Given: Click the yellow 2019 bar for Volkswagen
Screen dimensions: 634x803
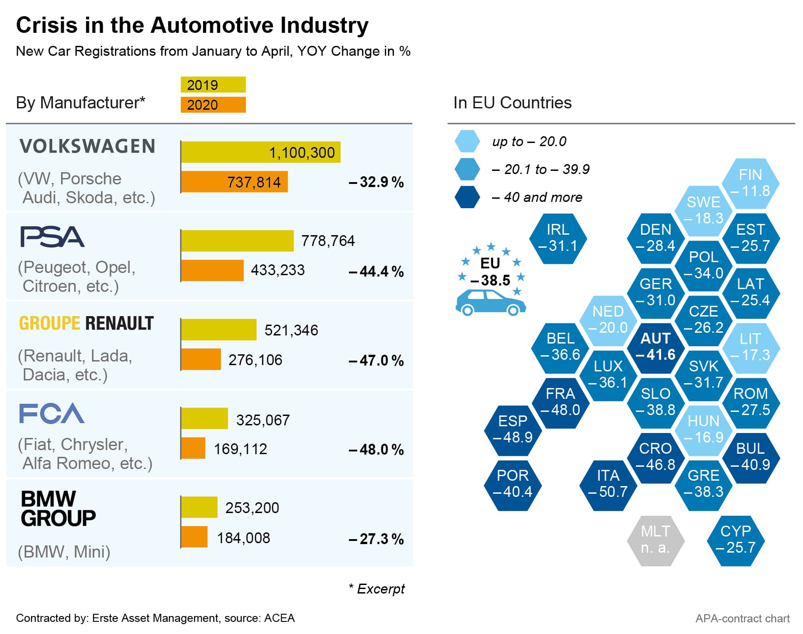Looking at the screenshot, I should click(x=260, y=152).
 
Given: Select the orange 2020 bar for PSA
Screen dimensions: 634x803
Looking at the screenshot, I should click(x=212, y=270).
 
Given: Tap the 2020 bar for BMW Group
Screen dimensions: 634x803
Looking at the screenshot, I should click(x=194, y=537).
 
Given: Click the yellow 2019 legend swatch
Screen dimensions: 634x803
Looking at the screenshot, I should click(x=213, y=85).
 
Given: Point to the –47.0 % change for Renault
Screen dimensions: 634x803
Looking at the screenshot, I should click(x=376, y=361).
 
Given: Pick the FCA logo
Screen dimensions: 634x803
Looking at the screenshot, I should click(x=52, y=413).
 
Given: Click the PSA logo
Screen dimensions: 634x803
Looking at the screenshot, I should click(x=52, y=237).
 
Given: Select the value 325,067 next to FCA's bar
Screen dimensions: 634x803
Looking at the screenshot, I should click(x=263, y=420).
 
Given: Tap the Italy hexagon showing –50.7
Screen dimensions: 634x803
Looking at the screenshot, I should click(x=608, y=484).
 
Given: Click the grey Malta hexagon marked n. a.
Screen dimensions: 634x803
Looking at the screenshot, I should click(x=656, y=540).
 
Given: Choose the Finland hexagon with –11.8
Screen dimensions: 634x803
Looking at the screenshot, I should click(x=750, y=183).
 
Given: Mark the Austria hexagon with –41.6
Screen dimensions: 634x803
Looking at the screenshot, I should click(x=656, y=347).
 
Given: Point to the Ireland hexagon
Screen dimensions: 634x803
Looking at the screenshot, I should click(x=558, y=238).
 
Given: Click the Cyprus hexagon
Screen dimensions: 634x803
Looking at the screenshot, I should click(x=736, y=540).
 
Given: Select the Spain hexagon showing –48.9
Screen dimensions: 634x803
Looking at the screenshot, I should click(x=513, y=429).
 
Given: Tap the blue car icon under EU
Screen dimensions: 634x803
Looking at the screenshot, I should click(x=490, y=303).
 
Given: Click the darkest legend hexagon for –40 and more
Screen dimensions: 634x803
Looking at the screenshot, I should click(x=467, y=197).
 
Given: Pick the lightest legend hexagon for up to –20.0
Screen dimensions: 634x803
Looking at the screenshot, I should click(x=467, y=141).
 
